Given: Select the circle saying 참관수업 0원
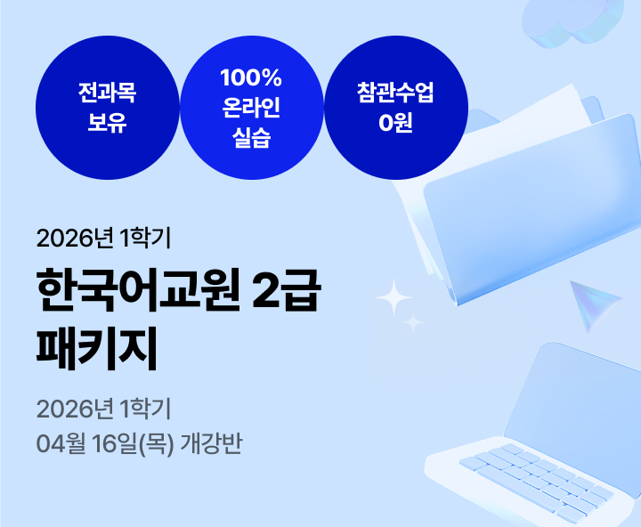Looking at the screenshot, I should coord(395,108).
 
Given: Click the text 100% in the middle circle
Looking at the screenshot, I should coord(250,79).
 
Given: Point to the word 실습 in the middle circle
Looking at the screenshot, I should coord(250,138).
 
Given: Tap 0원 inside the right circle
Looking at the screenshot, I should coord(395,123).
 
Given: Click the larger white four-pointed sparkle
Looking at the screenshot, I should coord(392,296).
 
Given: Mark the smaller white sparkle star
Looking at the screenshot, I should coord(413,322).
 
